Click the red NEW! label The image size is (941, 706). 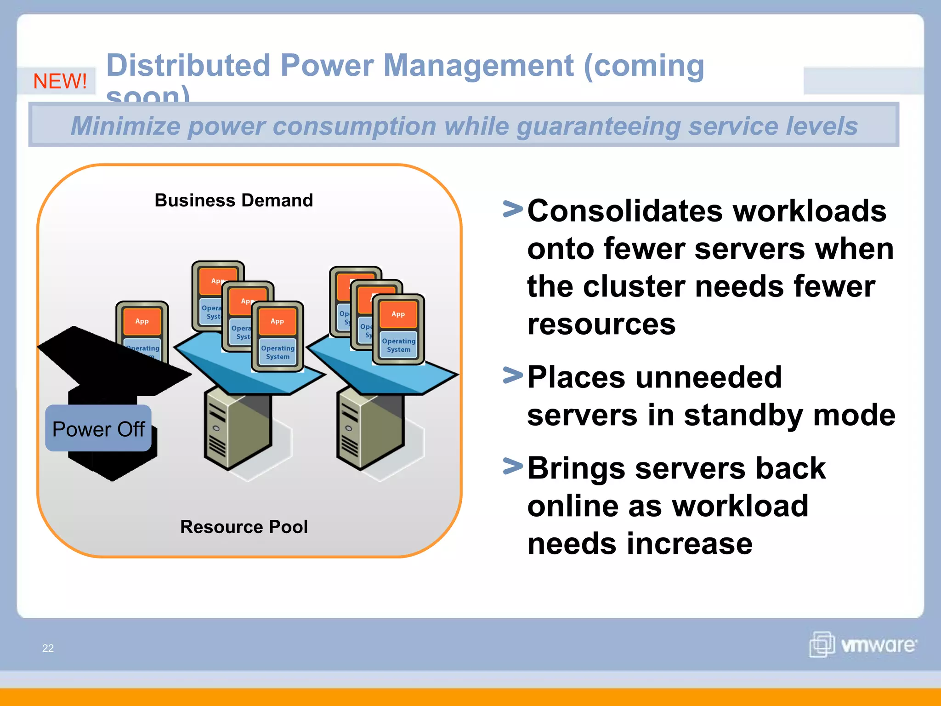pos(60,81)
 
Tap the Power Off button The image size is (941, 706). pos(98,429)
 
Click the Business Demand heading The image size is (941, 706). pos(233,200)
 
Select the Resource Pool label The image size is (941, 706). pos(244,527)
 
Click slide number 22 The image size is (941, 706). pos(48,648)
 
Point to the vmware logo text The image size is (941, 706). pos(878,645)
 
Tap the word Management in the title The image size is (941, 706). pos(478,65)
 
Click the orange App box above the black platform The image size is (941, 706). pos(142,321)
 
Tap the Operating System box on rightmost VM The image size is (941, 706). pos(398,345)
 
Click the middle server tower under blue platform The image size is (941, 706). pos(237,430)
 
